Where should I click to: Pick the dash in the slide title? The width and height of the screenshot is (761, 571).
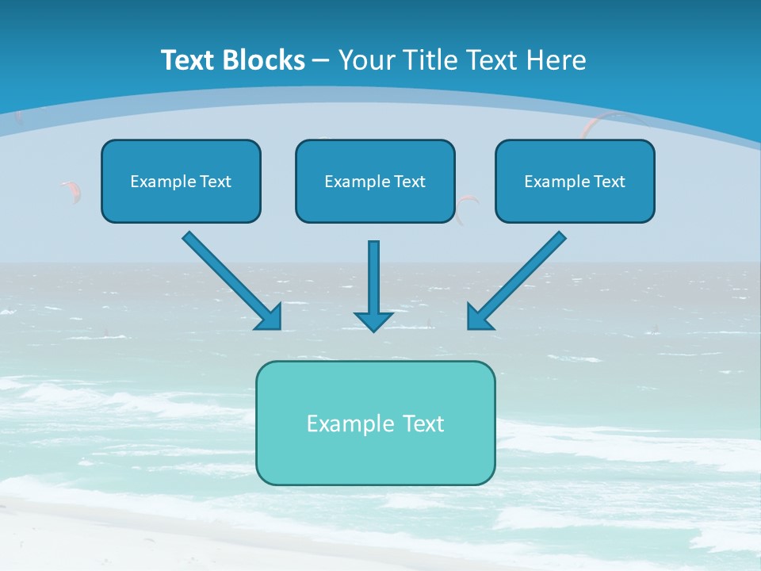(321, 61)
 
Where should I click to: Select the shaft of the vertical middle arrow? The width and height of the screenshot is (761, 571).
(373, 274)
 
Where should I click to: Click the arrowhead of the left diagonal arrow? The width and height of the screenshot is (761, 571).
(270, 317)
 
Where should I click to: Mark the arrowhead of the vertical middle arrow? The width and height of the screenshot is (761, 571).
(373, 320)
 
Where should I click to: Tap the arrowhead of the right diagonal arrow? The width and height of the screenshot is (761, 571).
(479, 317)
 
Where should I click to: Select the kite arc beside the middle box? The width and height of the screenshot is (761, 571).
(466, 208)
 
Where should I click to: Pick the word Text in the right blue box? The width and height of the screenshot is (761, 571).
(609, 182)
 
